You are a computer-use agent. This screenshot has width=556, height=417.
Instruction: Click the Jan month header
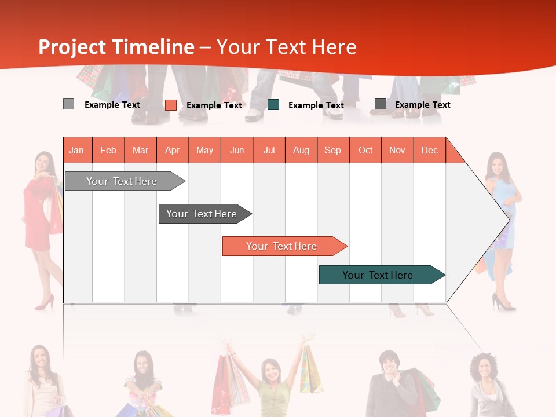(77, 150)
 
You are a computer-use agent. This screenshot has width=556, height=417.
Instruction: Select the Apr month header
(173, 150)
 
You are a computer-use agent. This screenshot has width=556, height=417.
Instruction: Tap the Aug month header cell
(301, 150)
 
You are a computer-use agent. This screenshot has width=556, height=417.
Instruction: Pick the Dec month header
(429, 150)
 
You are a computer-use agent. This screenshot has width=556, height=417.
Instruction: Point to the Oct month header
(365, 150)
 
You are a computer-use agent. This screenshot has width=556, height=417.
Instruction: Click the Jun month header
(237, 150)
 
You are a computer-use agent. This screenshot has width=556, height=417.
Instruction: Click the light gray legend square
(68, 104)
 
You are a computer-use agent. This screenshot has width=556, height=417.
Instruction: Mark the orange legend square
(170, 105)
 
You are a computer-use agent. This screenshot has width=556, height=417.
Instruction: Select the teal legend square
(273, 104)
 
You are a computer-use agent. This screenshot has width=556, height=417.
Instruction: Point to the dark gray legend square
(380, 104)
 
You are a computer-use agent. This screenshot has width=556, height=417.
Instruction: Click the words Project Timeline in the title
(116, 47)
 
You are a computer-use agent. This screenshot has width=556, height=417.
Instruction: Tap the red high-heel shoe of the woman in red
(45, 303)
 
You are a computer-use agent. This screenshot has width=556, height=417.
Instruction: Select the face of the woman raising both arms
(270, 370)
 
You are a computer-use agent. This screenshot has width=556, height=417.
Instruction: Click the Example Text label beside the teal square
(316, 105)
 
